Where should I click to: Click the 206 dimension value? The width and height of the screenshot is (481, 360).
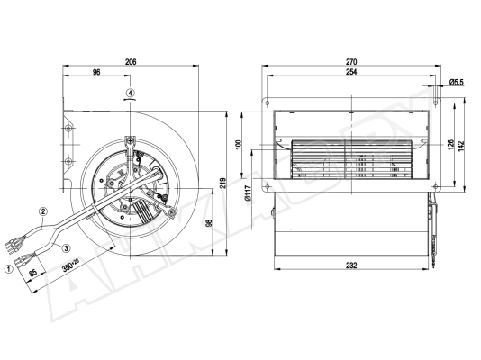tap(131, 61)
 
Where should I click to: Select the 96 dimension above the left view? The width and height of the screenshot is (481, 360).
tap(96, 72)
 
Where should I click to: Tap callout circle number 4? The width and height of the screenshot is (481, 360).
tap(131, 93)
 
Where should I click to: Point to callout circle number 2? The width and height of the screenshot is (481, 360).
tap(43, 211)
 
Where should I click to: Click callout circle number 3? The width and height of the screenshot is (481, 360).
tap(67, 247)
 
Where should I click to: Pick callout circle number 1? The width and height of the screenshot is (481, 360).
tap(9, 269)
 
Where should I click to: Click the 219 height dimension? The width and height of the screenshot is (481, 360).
tap(222, 183)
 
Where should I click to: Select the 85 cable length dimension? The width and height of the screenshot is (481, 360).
tap(32, 273)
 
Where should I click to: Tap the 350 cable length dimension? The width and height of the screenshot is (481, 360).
tap(70, 265)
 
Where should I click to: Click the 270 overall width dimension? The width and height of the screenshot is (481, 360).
tap(351, 62)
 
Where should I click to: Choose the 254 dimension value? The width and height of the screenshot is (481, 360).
tap(351, 72)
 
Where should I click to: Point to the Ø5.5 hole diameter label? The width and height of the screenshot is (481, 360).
tap(457, 82)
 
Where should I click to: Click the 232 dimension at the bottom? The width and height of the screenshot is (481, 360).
tap(351, 265)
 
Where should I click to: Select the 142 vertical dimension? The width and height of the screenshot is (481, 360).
tap(462, 145)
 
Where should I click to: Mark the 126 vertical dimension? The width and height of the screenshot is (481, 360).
tap(450, 145)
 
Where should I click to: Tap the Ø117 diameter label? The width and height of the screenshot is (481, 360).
tap(249, 193)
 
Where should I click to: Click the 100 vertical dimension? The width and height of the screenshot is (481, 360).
tap(239, 145)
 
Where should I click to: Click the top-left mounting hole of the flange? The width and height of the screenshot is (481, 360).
tap(268, 102)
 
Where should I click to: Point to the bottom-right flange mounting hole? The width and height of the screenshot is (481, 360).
tap(436, 186)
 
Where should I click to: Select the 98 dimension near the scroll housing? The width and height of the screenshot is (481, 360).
tap(209, 222)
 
